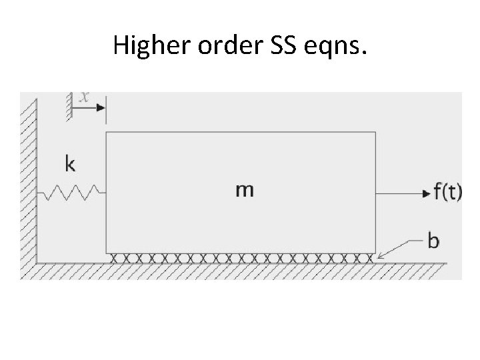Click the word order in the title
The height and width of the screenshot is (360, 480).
(216, 46)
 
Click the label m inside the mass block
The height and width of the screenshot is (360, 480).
(244, 190)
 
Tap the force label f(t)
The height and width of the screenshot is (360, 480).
(447, 192)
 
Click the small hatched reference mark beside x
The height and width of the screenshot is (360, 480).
(68, 107)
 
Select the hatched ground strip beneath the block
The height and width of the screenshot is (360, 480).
(240, 271)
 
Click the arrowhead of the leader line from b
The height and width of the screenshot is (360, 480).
(379, 257)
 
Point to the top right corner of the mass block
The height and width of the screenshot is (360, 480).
(376, 133)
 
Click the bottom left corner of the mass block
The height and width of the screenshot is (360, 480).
(107, 253)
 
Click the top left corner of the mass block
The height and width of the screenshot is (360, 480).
(107, 133)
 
